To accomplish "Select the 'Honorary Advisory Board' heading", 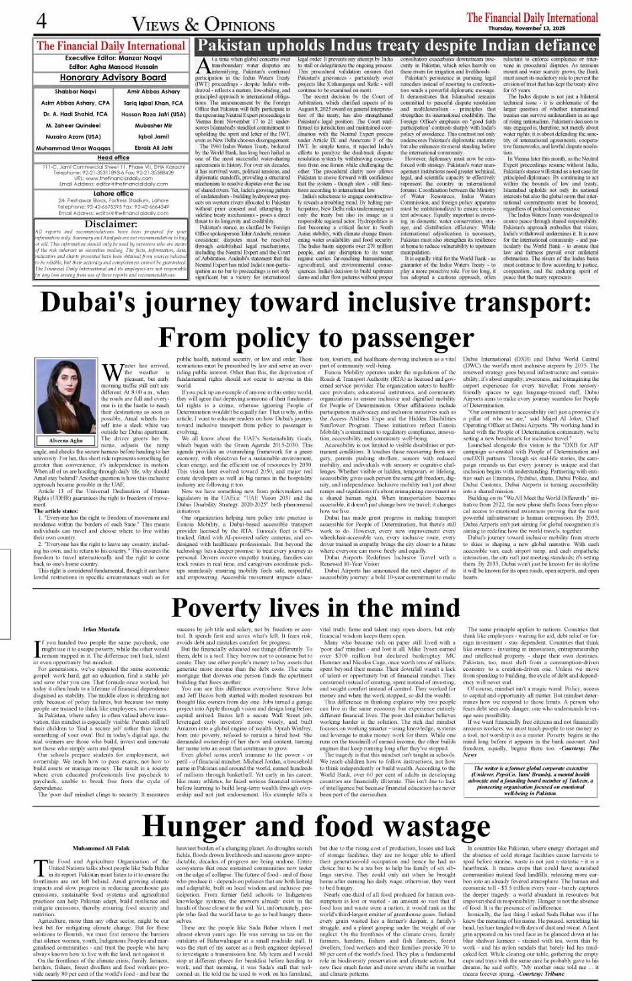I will pyautogui.click(x=112, y=78).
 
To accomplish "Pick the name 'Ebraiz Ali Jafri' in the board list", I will pyautogui.click(x=153, y=148).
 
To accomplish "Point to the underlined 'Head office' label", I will pyautogui.click(x=113, y=158).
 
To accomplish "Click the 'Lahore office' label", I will pyautogui.click(x=113, y=193).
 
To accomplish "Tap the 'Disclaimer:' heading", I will pyautogui.click(x=112, y=224).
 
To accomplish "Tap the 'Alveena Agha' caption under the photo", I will pyautogui.click(x=65, y=442).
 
